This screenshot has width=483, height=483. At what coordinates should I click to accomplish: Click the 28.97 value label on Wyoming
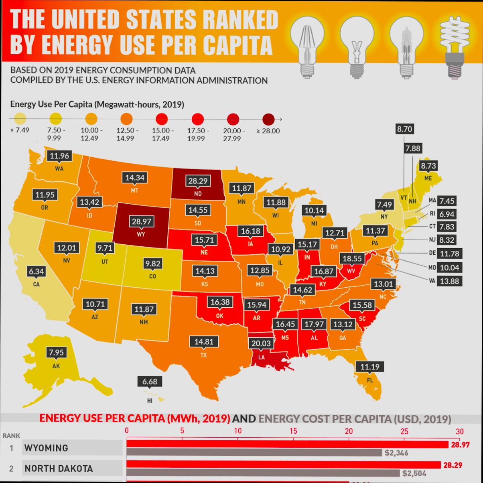pos(141,221)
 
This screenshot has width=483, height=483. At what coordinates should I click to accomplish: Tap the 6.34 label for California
pos(36,272)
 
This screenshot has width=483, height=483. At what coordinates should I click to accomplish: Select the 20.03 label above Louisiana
pos(261,343)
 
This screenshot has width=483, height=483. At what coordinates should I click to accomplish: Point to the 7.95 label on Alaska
pos(56,353)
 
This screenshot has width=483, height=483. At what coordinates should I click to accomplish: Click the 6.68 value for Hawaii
pos(150,382)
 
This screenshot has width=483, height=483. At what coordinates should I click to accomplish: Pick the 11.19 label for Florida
pos(369,367)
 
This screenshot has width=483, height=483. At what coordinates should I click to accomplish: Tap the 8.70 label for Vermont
pos(404,129)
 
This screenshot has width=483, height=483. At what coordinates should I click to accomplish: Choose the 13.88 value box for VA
pos(449,281)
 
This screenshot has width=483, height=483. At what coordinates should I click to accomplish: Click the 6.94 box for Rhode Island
pos(446,214)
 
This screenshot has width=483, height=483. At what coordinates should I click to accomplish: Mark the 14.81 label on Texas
pos(204,342)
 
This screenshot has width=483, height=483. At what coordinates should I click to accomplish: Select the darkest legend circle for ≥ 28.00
pos(268,119)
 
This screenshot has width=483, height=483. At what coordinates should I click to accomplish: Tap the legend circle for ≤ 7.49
pos(20,119)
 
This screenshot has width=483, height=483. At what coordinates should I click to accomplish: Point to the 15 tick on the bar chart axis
pos(293,431)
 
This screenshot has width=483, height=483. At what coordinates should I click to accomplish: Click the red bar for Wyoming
pos(287,444)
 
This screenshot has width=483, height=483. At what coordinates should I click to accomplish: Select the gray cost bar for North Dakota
pos(263,473)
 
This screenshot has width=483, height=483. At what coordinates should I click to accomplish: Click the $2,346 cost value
pos(396,453)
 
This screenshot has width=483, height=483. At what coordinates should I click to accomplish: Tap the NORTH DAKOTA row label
pos(59,469)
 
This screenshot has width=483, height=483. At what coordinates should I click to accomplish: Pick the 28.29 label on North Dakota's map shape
pos(198,181)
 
